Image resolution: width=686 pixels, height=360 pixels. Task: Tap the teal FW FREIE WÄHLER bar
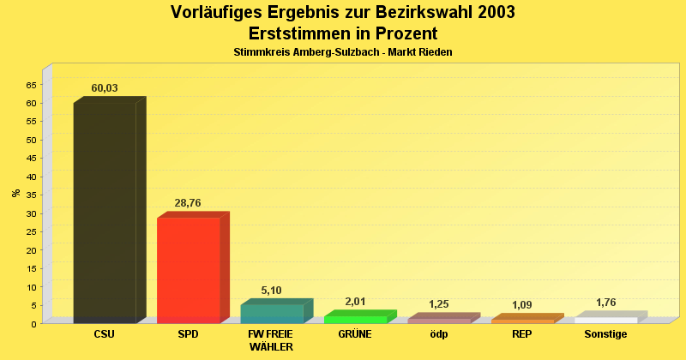tap(272, 314)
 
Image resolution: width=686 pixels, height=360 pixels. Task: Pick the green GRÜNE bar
tap(355, 319)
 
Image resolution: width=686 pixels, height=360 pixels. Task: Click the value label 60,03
tap(105, 88)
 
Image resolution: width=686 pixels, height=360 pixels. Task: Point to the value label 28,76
tap(188, 203)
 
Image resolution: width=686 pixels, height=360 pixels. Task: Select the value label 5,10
tap(271, 291)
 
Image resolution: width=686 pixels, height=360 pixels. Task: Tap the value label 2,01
tap(355, 302)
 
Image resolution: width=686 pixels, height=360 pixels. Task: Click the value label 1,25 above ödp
tap(438, 304)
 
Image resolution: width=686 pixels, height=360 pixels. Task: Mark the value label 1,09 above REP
tap(522, 305)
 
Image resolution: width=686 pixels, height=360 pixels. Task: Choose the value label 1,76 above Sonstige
tap(605, 303)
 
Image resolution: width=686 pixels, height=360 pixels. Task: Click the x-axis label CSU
tap(105, 334)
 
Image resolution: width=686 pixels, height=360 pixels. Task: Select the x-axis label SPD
tap(188, 334)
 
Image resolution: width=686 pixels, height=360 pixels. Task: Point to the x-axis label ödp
tap(438, 334)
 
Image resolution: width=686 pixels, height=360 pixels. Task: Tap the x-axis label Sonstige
tap(605, 334)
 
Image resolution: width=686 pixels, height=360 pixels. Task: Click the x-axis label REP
tap(522, 334)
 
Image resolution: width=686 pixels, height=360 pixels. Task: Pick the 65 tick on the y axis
tap(32, 85)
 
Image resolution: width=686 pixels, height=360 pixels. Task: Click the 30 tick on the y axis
tap(32, 213)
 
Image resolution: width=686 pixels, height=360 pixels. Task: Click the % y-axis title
tap(15, 193)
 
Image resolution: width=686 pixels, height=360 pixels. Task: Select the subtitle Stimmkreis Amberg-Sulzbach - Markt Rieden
tap(343, 52)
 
